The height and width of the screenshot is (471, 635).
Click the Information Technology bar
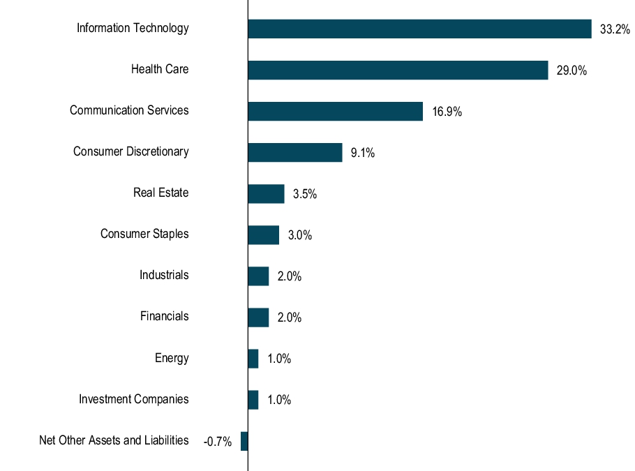(419, 29)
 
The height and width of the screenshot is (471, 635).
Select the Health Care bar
(398, 70)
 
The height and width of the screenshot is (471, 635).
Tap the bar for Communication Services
(335, 111)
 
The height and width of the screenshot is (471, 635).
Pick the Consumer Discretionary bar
(294, 152)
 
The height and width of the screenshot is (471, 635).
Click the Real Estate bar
(266, 193)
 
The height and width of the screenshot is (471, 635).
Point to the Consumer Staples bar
(263, 234)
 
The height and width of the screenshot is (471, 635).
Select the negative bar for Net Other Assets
(244, 441)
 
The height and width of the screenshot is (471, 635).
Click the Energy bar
(253, 359)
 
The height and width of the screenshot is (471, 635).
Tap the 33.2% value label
(615, 29)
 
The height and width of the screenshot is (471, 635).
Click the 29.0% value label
(571, 70)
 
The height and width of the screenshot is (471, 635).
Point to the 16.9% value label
(447, 112)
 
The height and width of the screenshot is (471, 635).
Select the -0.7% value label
(217, 442)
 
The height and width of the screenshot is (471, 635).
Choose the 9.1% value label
(362, 153)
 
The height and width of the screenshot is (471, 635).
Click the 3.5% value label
(304, 194)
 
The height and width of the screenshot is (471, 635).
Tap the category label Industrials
(164, 275)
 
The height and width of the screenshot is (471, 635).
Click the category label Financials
(164, 316)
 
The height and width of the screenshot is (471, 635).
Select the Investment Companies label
(133, 399)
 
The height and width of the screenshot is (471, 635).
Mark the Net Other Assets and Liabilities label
(114, 440)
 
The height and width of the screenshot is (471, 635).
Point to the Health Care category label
(160, 69)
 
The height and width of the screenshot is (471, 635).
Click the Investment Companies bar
(253, 400)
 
